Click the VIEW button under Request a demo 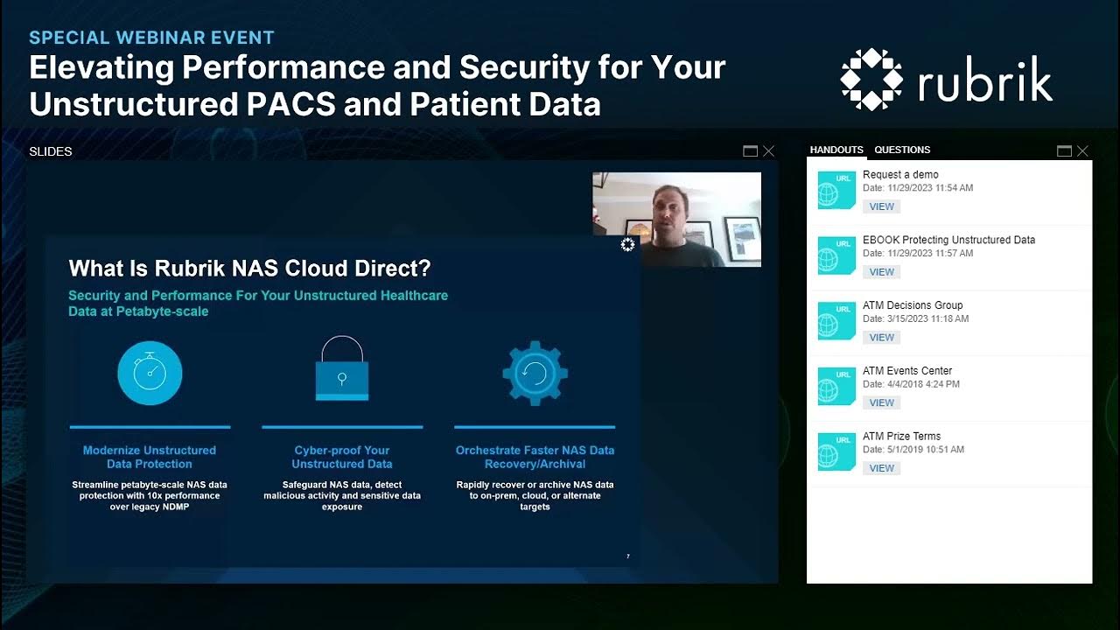point(881,206)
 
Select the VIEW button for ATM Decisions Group point(881,337)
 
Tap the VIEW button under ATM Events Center point(881,402)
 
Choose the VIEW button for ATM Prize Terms point(881,468)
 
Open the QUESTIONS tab point(902,150)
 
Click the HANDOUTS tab point(836,150)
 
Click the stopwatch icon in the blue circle point(150,373)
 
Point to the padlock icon point(342,368)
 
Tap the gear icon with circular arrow point(535,374)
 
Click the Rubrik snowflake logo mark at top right point(871,80)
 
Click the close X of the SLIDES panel point(768,151)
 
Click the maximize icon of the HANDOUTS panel point(1064,151)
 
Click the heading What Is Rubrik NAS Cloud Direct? point(249,268)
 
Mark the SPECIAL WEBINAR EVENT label point(151,38)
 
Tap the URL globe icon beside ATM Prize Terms point(836,451)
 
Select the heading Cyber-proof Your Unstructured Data point(342,457)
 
